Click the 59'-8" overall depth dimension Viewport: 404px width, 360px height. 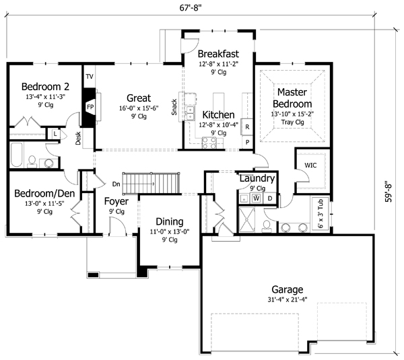(389, 190)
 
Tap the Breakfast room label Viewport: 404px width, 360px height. (218, 54)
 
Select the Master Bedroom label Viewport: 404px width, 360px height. (292, 98)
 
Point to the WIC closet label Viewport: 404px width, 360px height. (310, 164)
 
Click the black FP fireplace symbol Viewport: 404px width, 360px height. (89, 106)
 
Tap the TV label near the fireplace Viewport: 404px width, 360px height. (89, 77)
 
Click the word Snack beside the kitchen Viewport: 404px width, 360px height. (174, 107)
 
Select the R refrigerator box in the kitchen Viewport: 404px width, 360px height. (247, 127)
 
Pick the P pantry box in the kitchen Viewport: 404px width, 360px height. (247, 142)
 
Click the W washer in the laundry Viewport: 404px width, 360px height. (256, 199)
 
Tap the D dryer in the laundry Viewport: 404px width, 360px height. (270, 198)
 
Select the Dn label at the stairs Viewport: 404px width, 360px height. (116, 183)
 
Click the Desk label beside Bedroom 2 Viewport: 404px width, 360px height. (79, 139)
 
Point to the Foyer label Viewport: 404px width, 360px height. (116, 201)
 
